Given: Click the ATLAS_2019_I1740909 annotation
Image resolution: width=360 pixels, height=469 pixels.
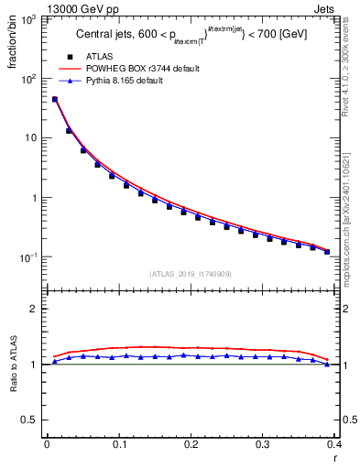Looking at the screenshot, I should (x=191, y=273).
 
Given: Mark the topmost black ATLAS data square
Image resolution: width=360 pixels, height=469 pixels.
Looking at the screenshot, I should (x=54, y=99).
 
